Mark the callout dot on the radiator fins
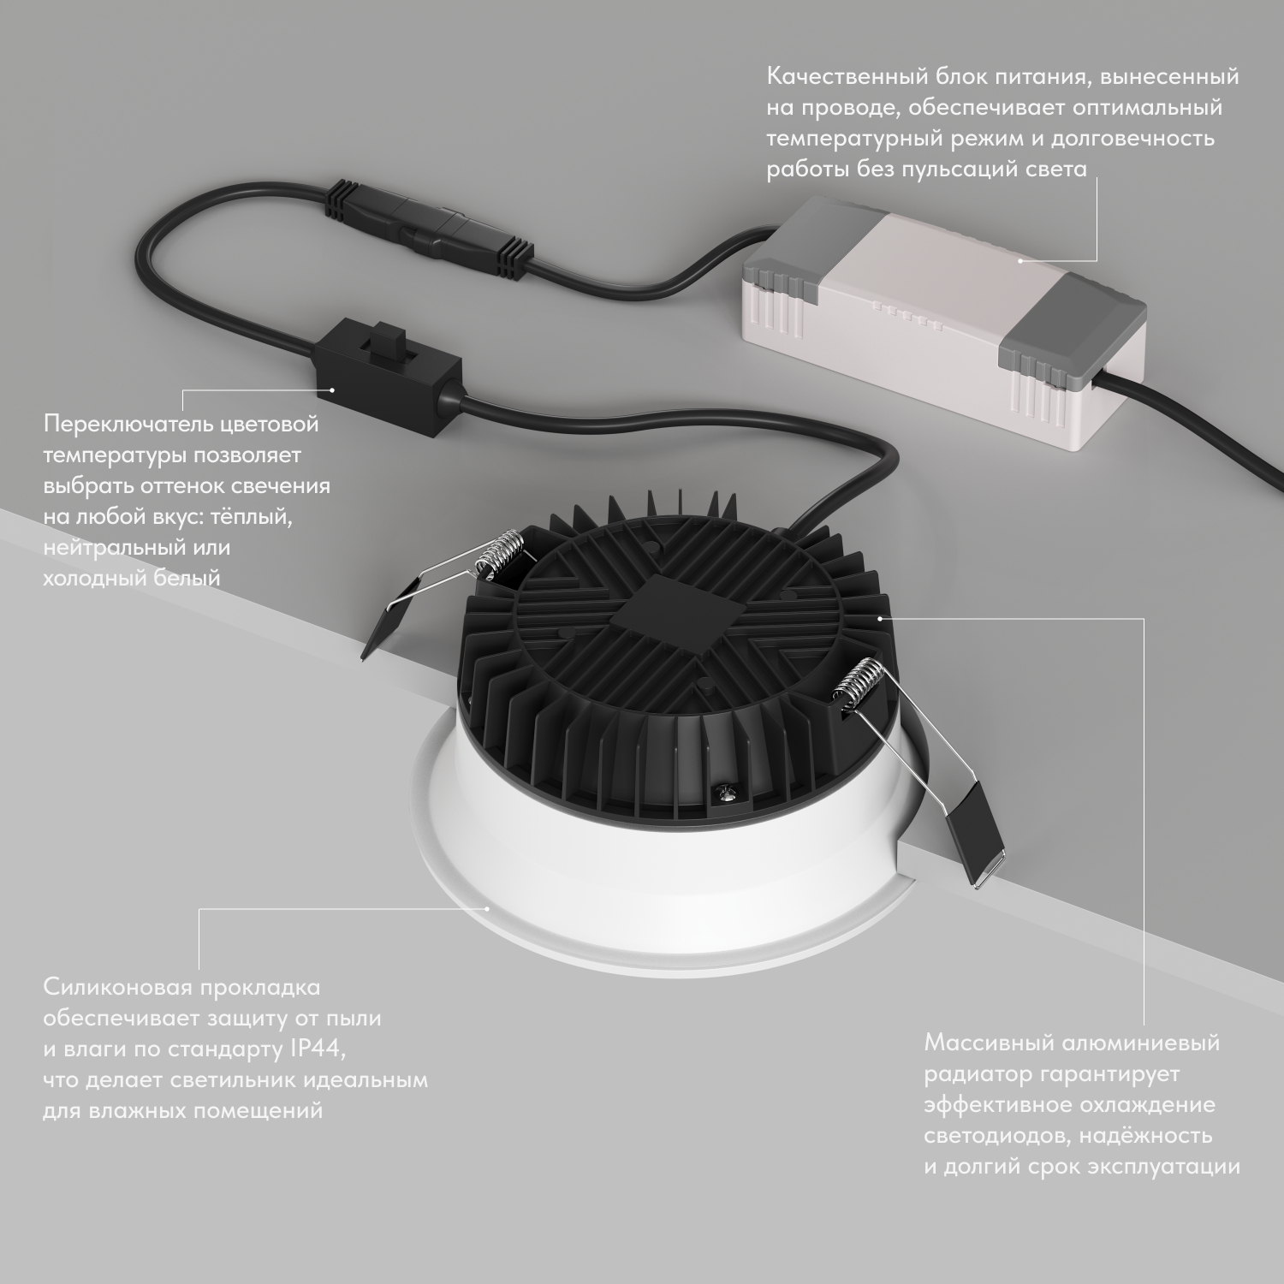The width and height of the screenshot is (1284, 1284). click(878, 615)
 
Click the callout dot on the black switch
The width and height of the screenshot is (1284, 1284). click(333, 390)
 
